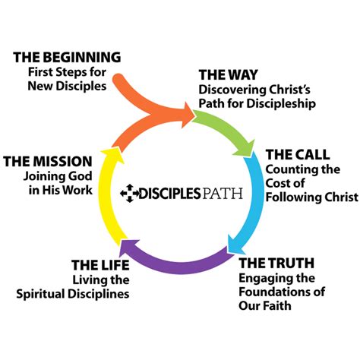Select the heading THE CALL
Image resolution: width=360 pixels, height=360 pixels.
(297, 156)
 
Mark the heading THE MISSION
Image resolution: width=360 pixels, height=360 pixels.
(48, 161)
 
